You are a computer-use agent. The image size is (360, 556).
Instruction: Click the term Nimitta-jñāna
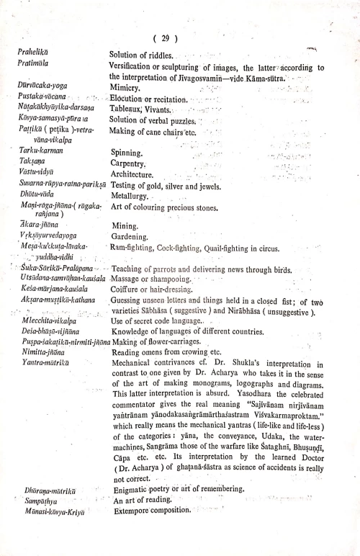point(46,353)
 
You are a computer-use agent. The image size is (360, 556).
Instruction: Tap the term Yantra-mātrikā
point(48,364)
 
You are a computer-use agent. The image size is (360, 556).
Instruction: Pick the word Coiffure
point(128,290)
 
